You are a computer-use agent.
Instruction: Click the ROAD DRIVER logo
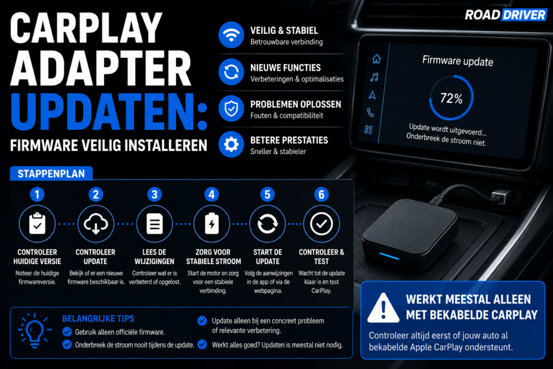click(505, 15)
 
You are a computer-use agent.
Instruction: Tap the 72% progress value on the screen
click(451, 98)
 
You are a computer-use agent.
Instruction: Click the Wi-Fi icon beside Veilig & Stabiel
click(231, 35)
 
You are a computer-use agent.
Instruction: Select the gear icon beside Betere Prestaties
click(231, 144)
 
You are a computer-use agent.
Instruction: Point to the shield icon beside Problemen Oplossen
click(231, 108)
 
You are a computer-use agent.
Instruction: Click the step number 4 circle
click(212, 194)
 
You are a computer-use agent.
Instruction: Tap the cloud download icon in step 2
click(96, 224)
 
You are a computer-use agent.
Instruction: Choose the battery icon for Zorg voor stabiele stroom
click(212, 224)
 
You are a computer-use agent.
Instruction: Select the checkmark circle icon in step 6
click(321, 224)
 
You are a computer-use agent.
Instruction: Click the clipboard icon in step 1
click(37, 224)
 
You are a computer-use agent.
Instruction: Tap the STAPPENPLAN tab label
click(51, 173)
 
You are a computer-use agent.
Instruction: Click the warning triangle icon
click(383, 308)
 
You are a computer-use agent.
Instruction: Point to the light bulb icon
click(35, 331)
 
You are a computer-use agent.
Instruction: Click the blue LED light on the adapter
click(389, 256)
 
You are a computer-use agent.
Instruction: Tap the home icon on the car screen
click(376, 58)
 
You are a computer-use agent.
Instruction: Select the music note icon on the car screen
click(374, 77)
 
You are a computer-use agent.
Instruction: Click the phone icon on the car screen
click(370, 112)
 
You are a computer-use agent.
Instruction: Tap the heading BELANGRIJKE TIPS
click(98, 319)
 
